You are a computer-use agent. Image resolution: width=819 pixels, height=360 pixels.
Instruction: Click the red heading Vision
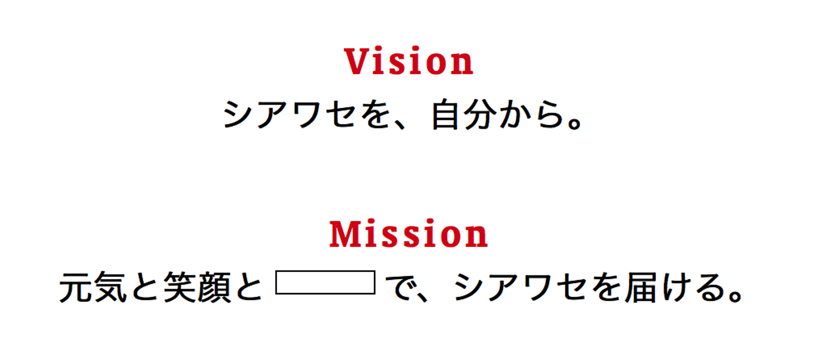pyautogui.click(x=409, y=61)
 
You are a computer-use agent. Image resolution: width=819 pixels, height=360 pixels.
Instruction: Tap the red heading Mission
pyautogui.click(x=409, y=234)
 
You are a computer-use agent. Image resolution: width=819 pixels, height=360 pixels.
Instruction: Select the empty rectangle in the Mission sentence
pyautogui.click(x=325, y=283)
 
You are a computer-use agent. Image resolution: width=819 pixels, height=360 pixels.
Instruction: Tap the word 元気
pyautogui.click(x=93, y=289)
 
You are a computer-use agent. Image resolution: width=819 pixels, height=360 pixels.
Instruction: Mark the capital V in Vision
pyautogui.click(x=355, y=61)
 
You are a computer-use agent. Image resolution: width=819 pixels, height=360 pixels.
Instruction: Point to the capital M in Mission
pyautogui.click(x=345, y=234)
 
